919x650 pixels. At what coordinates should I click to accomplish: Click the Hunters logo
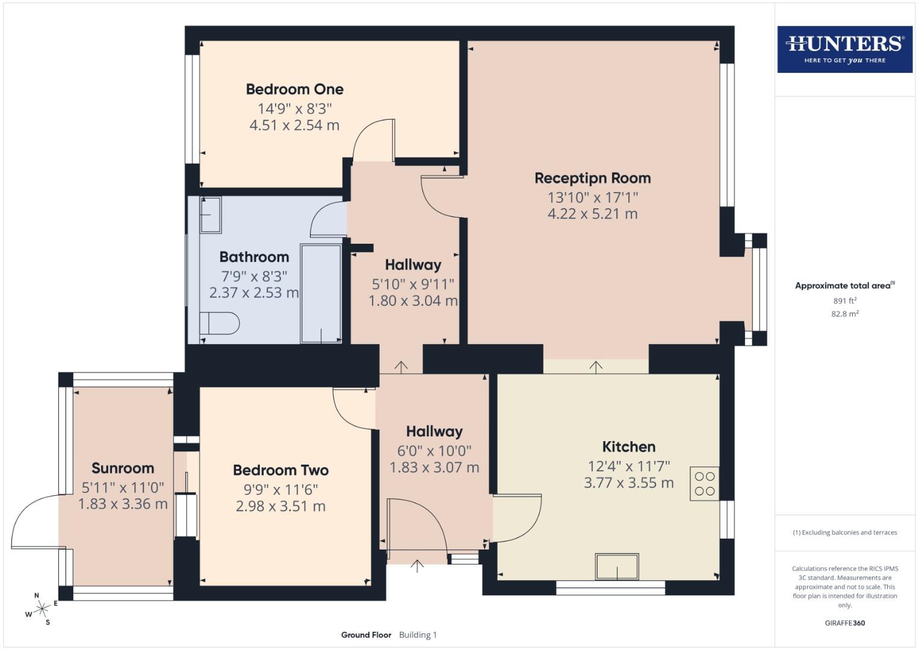point(844,49)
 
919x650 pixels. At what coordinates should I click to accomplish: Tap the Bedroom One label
point(294,89)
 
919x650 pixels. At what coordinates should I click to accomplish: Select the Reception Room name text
point(592,178)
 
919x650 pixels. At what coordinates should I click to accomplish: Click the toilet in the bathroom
point(219,323)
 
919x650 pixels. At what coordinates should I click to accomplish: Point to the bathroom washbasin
point(211,215)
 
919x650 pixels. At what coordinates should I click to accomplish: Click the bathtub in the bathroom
point(321,293)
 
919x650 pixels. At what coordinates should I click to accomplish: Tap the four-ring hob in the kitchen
point(704,484)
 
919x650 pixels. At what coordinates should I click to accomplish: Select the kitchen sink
point(617,566)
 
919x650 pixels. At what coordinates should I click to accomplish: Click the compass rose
point(42,609)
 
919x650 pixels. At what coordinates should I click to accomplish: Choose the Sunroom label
point(123,468)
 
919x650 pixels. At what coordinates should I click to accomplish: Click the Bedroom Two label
point(280,470)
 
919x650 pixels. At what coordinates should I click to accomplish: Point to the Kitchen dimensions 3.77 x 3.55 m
point(628,483)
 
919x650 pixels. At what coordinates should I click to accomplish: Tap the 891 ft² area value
point(844,300)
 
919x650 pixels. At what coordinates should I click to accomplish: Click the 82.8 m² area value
point(844,314)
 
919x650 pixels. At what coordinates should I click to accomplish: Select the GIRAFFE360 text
point(844,623)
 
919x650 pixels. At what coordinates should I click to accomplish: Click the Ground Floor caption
point(366,634)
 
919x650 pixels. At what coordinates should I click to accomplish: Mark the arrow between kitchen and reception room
point(596,367)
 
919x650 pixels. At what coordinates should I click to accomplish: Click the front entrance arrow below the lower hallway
point(417,565)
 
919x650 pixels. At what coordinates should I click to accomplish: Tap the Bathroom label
point(254,257)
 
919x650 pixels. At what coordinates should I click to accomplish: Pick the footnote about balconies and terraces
point(844,532)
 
